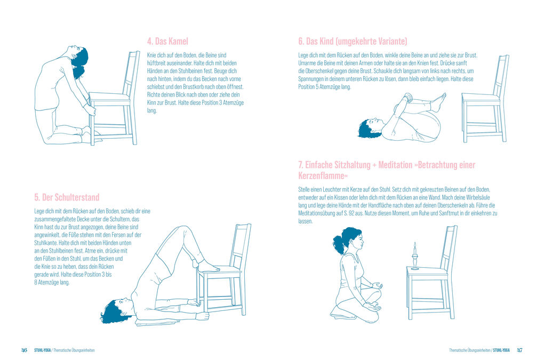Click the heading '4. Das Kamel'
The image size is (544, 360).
[x=167, y=41]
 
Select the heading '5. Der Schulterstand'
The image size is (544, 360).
[x=67, y=197]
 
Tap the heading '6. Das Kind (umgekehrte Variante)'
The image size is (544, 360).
[x=353, y=41]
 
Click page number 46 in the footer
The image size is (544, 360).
[x=24, y=350]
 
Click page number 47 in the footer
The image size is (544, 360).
[x=519, y=350]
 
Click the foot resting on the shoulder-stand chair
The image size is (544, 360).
[x=207, y=266]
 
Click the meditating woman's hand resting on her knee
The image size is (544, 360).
[x=377, y=286]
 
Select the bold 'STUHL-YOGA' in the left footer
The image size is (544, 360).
[x=42, y=350]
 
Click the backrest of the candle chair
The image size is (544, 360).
[x=449, y=245]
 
